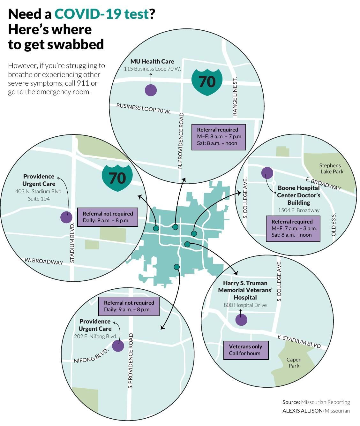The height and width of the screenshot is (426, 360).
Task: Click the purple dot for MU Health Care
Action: click(151, 90)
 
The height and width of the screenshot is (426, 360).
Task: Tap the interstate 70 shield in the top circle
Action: click(207, 82)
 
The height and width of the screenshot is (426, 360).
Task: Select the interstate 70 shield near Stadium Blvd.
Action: click(117, 178)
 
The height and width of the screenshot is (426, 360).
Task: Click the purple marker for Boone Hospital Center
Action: click(267, 173)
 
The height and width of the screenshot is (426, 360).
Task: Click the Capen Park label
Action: click(294, 362)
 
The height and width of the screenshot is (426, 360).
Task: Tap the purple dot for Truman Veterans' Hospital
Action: click(241, 320)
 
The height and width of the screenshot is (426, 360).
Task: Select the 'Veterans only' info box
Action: click(245, 350)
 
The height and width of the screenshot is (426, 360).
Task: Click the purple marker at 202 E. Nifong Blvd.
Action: click(118, 346)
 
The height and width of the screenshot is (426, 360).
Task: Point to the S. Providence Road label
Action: click(130, 361)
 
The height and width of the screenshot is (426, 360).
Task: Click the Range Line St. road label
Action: click(235, 96)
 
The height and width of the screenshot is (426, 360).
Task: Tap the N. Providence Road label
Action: click(181, 141)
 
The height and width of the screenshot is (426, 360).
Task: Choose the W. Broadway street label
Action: click(44, 261)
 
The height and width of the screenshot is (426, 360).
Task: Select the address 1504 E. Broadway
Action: click(298, 210)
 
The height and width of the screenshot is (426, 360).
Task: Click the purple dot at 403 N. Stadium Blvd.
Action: click(66, 217)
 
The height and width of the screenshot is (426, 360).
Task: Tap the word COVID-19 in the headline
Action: click(101, 14)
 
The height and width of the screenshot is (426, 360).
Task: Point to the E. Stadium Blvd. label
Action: click(299, 341)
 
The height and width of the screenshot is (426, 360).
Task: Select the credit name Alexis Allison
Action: click(302, 411)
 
